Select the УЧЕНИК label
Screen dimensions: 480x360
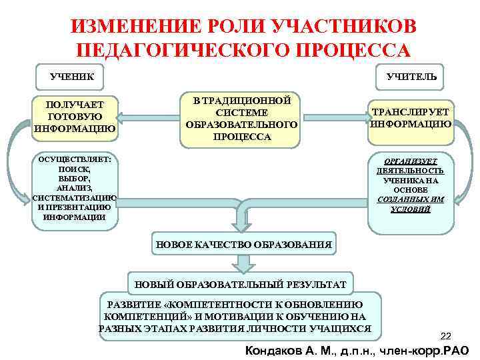coord(72,77)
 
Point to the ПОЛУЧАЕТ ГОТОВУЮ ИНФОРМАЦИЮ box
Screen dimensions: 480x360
coord(75,117)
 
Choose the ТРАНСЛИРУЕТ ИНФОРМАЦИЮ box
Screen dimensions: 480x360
coord(410,118)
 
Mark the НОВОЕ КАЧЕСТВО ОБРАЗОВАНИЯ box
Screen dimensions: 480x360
coord(243,245)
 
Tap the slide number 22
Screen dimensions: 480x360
coord(447,335)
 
